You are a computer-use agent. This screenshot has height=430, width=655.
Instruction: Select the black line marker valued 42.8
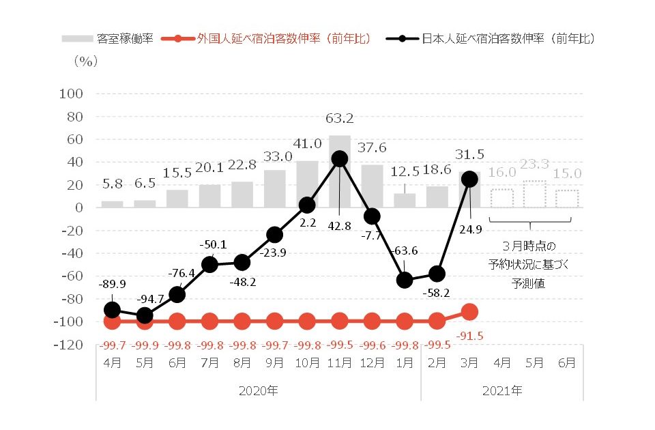tap(339, 159)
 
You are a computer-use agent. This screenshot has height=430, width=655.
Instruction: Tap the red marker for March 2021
tap(469, 312)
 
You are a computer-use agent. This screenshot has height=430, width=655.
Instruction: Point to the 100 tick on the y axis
tap(72, 94)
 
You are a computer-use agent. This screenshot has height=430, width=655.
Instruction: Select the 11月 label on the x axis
tap(339, 363)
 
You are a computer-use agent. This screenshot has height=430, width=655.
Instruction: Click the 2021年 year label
tap(501, 391)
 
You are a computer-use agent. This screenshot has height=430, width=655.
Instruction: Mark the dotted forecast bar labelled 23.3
tap(534, 194)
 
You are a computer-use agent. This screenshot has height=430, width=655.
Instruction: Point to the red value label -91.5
tap(470, 336)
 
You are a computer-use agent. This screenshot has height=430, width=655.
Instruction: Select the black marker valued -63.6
tap(405, 280)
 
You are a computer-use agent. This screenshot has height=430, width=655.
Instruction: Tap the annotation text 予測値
tap(528, 283)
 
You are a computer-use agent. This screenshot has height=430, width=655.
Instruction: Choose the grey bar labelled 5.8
tap(112, 204)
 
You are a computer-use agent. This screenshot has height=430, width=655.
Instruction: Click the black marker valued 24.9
tap(469, 179)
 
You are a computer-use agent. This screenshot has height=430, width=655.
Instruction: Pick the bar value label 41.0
tap(307, 144)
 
